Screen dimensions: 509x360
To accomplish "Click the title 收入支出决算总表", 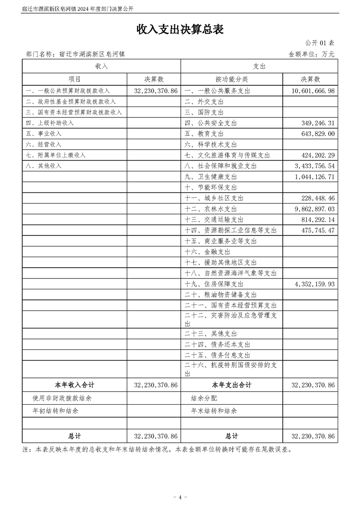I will [x=180, y=29].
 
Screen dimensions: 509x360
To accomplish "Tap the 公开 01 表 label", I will [x=320, y=43].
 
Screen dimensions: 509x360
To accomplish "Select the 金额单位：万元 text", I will [x=311, y=54].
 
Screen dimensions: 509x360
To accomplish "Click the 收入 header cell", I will [x=101, y=66].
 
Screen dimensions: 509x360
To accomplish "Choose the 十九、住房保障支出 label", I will [x=214, y=284].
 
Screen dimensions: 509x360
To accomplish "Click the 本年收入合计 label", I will [x=74, y=385].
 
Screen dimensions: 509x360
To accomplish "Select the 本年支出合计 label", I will [x=232, y=385].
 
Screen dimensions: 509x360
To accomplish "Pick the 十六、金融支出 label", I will [x=207, y=252].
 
